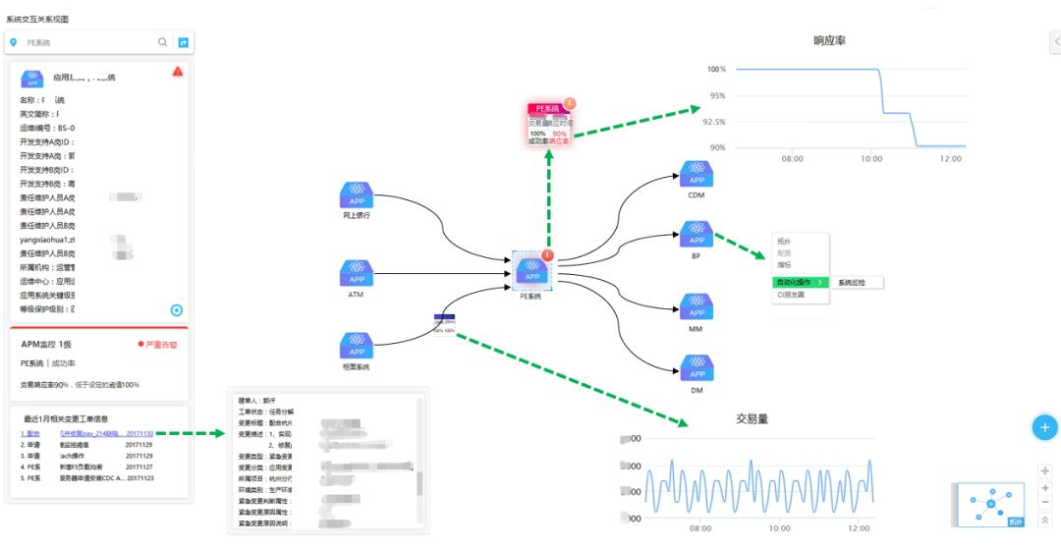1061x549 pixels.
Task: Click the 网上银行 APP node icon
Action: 357,193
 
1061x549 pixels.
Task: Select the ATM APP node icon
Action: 357,272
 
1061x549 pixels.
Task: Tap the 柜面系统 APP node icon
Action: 357,345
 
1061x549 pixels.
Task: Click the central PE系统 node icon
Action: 531,270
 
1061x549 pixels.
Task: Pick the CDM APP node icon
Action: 697,174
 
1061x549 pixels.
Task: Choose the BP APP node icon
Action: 697,234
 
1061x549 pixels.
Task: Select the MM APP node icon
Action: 697,306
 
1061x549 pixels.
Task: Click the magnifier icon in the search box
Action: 163,42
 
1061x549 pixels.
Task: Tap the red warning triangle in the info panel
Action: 178,71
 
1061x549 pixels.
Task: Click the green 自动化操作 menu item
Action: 800,282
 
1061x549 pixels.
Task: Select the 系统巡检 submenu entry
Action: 856,282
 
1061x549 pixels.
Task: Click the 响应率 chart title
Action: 829,41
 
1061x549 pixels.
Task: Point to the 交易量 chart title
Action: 752,418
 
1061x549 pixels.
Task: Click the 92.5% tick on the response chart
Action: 712,122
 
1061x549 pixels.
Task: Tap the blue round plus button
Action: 1044,427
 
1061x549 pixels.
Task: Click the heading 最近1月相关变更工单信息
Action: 66,419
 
